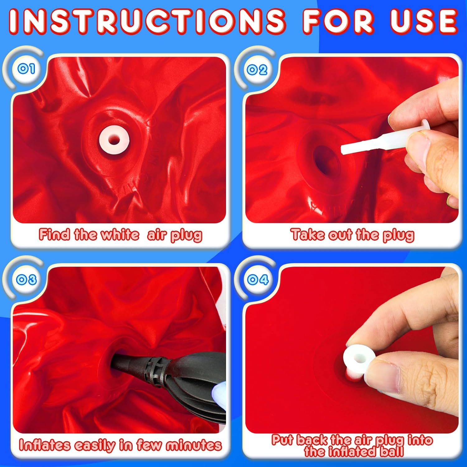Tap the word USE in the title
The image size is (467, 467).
click(x=424, y=21)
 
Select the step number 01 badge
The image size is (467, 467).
click(x=26, y=68)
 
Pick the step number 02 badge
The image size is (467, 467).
click(x=257, y=69)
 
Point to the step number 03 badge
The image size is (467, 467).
click(x=26, y=279)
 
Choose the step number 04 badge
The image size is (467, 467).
click(x=258, y=279)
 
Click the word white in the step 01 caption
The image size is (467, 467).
click(x=120, y=234)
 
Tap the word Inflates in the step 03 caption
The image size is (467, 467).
click(x=45, y=445)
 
